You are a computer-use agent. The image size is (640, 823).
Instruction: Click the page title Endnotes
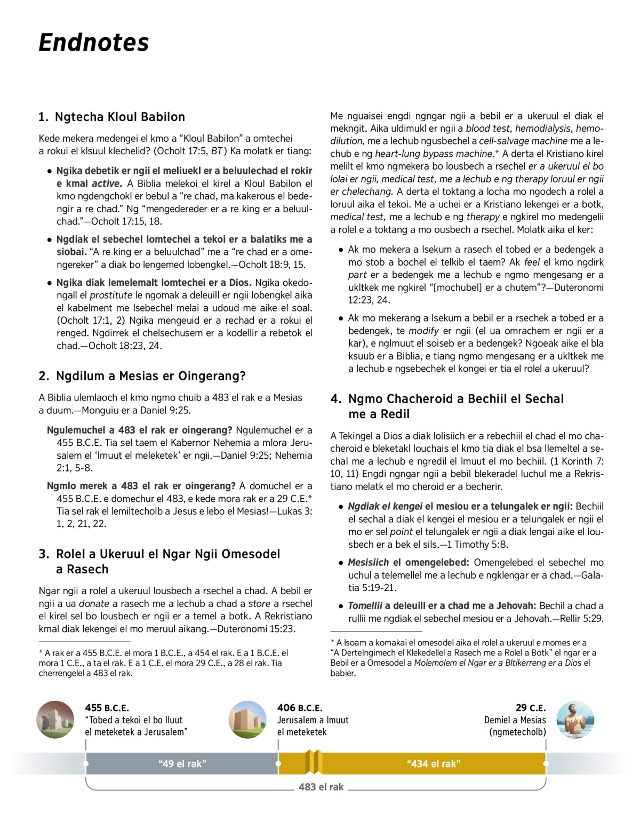[94, 43]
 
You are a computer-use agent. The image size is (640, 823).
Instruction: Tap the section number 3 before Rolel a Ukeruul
[44, 554]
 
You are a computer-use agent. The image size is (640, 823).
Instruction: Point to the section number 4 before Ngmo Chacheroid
[335, 399]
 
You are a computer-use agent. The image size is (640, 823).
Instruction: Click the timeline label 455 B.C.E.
[107, 708]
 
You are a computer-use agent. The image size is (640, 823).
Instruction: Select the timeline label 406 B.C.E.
[300, 708]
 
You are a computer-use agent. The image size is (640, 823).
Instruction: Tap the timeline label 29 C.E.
[531, 708]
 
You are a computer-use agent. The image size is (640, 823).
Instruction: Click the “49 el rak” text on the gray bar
[182, 764]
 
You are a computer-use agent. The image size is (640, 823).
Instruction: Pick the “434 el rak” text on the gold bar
[434, 764]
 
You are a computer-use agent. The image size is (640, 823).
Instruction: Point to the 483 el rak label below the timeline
[321, 787]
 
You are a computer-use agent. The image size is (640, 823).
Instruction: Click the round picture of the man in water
[575, 720]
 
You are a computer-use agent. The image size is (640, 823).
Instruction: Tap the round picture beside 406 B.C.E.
[247, 720]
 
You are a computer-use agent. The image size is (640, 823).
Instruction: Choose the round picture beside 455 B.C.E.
[55, 720]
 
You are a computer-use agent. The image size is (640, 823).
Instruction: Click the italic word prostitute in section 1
[111, 295]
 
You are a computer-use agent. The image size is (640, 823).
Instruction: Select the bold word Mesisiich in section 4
[369, 563]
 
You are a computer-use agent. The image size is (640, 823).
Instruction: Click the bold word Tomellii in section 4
[365, 606]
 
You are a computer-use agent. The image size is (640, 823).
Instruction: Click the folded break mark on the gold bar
[314, 762]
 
